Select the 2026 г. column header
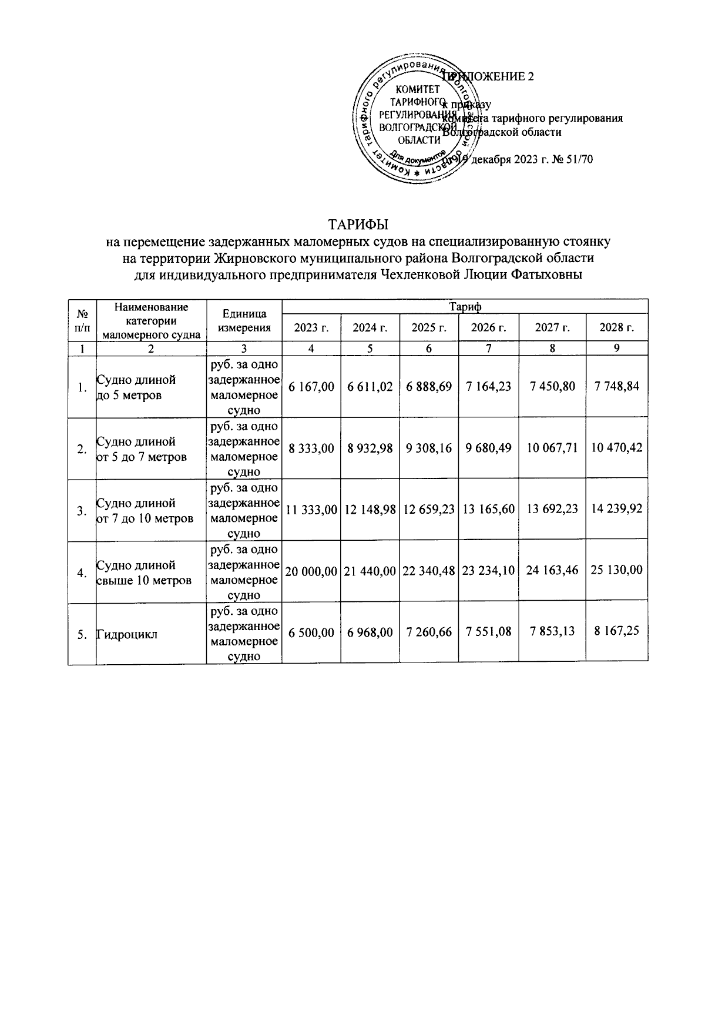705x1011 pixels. point(488,327)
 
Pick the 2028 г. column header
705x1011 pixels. point(616,327)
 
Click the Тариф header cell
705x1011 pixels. point(465,306)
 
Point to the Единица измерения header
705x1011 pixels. point(244,322)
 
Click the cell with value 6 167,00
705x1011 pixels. point(311,386)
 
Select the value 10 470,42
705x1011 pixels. point(616,448)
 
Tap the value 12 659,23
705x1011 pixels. point(428,510)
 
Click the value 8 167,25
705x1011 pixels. point(616,631)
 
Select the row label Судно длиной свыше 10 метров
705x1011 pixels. point(143,573)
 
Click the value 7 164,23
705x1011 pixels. point(488,386)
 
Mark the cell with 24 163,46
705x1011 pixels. point(552,570)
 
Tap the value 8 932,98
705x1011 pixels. point(370,448)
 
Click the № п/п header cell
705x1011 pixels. point(82,322)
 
